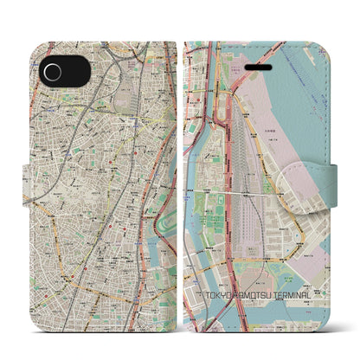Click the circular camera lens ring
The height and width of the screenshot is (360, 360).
coord(53,72)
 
